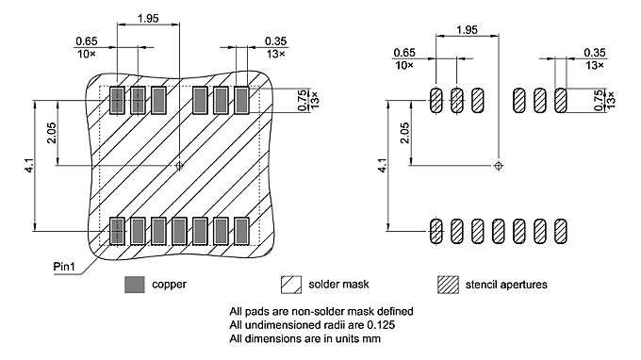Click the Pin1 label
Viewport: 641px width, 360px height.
(64, 267)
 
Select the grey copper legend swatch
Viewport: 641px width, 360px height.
(136, 284)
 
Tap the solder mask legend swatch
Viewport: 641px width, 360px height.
(290, 284)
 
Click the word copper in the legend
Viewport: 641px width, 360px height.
(170, 284)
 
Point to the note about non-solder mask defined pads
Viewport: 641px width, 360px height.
(321, 311)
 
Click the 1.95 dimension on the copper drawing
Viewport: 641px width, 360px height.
(148, 18)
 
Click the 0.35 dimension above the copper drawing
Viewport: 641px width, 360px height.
(275, 41)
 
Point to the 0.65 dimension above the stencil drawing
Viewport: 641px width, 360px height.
(403, 52)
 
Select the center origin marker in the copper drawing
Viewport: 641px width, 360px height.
(179, 165)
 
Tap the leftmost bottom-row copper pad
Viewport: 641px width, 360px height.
(118, 229)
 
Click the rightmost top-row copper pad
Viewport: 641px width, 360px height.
(241, 98)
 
